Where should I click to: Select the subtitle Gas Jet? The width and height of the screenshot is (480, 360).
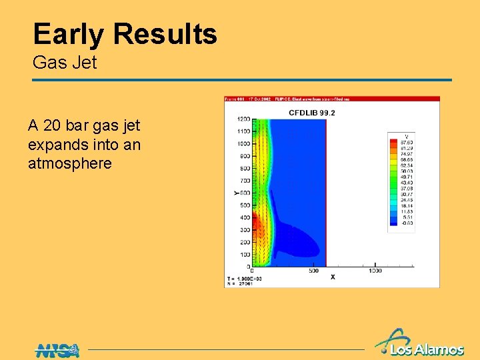coord(65,63)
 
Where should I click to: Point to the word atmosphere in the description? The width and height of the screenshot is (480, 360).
coord(70,163)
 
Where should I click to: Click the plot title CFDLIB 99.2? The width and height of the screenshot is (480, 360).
coord(311,113)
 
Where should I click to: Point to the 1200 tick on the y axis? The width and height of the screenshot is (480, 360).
coord(242,119)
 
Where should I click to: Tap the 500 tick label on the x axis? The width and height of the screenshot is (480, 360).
coord(313,271)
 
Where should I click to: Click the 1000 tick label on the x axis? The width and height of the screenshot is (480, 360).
coord(375,271)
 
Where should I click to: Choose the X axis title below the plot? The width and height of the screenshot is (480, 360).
coord(333,276)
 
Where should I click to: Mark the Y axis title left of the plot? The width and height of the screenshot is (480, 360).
coord(236,193)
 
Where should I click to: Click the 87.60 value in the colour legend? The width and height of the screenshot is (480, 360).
coord(405,142)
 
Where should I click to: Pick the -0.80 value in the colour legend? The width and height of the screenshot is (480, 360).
coord(405,223)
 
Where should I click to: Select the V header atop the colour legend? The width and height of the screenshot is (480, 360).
coord(406,136)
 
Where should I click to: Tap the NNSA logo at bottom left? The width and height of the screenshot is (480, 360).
coord(57,349)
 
